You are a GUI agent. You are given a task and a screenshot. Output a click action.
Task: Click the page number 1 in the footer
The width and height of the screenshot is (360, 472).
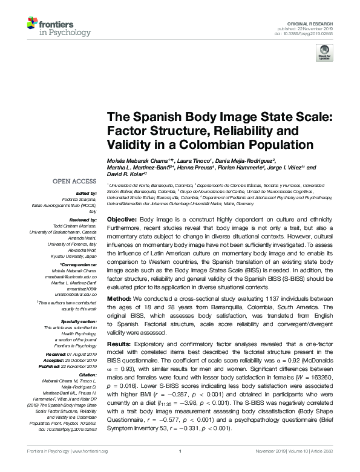coord(180,468)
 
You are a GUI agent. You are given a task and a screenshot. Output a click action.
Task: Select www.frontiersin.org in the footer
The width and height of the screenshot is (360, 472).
coord(90,468)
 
